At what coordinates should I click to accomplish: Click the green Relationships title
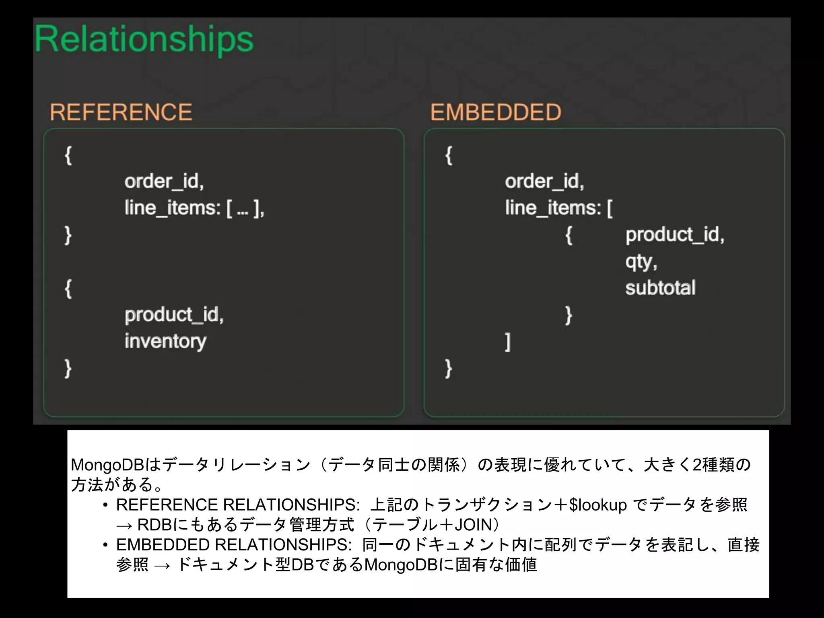tap(144, 39)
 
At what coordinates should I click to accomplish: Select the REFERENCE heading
tap(121, 112)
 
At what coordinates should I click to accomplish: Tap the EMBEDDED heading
tap(496, 112)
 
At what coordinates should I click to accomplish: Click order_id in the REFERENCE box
tap(164, 181)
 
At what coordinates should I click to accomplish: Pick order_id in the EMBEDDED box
tap(544, 181)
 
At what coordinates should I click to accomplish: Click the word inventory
tap(165, 342)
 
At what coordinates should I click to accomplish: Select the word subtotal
tap(660, 288)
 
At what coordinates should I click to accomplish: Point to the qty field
tap(641, 262)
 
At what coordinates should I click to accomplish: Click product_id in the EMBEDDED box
tap(674, 235)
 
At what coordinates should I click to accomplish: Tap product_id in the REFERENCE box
tap(174, 315)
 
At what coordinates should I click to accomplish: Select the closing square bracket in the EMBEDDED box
tap(508, 342)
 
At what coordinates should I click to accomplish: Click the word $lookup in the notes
tap(598, 505)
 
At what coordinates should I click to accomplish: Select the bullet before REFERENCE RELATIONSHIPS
tap(105, 505)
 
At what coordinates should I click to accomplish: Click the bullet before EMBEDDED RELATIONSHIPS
tap(105, 545)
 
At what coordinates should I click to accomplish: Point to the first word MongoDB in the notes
tap(107, 465)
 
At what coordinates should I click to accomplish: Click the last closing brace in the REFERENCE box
tap(68, 368)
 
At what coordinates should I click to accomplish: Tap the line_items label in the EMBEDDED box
tap(553, 208)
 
